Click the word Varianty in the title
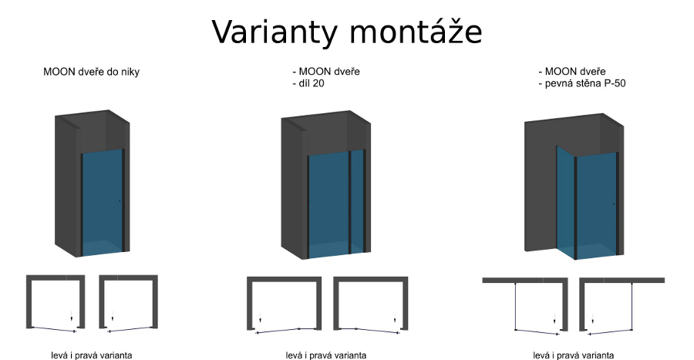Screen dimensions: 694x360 (275, 32)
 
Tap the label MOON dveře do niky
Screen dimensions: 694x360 (91, 72)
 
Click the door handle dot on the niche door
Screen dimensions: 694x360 (120, 201)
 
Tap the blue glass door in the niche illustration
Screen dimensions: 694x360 (103, 203)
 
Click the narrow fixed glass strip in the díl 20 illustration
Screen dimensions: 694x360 (358, 202)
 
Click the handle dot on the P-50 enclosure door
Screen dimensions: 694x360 (614, 204)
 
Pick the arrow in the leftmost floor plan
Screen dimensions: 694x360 (71, 316)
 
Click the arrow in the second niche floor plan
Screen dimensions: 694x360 (113, 316)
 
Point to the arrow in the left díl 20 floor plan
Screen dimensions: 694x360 (261, 318)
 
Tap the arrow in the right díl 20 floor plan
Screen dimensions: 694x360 (395, 318)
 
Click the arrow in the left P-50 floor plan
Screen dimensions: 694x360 (554, 319)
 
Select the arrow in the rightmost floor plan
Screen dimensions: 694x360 (592, 319)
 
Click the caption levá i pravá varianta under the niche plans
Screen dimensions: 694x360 (92, 355)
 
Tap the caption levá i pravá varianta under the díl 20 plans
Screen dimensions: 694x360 (326, 355)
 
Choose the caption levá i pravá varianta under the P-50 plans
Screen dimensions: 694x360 (573, 355)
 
